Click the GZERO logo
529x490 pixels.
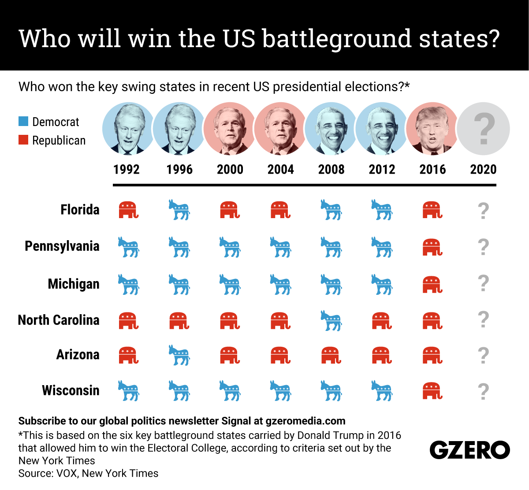tap(469, 450)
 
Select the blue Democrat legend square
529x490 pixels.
tap(23, 121)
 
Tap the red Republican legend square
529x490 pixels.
tap(23, 140)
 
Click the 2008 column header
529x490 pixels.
tap(331, 169)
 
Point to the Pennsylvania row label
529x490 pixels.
tap(62, 246)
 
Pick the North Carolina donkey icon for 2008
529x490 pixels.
tap(331, 320)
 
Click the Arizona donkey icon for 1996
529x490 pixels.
tap(179, 355)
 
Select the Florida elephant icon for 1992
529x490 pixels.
tap(128, 210)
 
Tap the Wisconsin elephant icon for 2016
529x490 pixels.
tap(432, 391)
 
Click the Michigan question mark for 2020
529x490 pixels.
tap(484, 283)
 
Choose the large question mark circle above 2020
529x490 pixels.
tap(484, 129)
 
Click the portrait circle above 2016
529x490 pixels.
tap(432, 129)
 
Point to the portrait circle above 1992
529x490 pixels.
tap(128, 129)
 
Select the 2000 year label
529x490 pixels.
tap(230, 169)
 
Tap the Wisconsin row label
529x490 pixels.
tap(71, 390)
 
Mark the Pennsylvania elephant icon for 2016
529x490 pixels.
tap(432, 247)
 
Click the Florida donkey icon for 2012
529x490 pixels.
tap(382, 210)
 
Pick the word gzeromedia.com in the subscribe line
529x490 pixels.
tap(305, 421)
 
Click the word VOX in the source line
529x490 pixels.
tap(66, 473)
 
